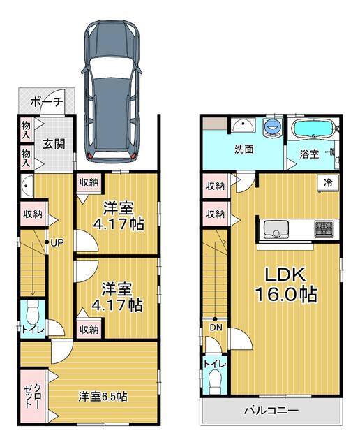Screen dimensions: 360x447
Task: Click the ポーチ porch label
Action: pyautogui.click(x=46, y=102)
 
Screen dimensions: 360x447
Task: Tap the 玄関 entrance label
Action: pyautogui.click(x=54, y=144)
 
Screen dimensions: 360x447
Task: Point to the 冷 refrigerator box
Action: pyautogui.click(x=328, y=183)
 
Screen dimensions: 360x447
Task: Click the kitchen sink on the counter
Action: pyautogui.click(x=276, y=229)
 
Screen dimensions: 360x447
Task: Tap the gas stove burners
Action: pyautogui.click(x=324, y=228)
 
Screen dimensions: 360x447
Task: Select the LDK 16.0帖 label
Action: pyautogui.click(x=286, y=284)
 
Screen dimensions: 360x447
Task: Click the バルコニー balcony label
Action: pyautogui.click(x=271, y=410)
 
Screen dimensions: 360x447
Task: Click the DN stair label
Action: pyautogui.click(x=216, y=328)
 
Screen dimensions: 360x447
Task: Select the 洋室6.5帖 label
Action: pyautogui.click(x=103, y=396)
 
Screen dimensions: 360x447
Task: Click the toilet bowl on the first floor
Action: pyautogui.click(x=32, y=312)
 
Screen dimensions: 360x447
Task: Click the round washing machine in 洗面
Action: pyautogui.click(x=273, y=126)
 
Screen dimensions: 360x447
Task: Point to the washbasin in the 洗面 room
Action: pyautogui.click(x=243, y=126)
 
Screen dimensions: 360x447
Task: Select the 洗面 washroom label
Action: pyautogui.click(x=244, y=149)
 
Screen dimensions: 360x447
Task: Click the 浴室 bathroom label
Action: pyautogui.click(x=309, y=154)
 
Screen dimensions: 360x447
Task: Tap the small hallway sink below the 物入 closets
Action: pyautogui.click(x=27, y=186)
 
